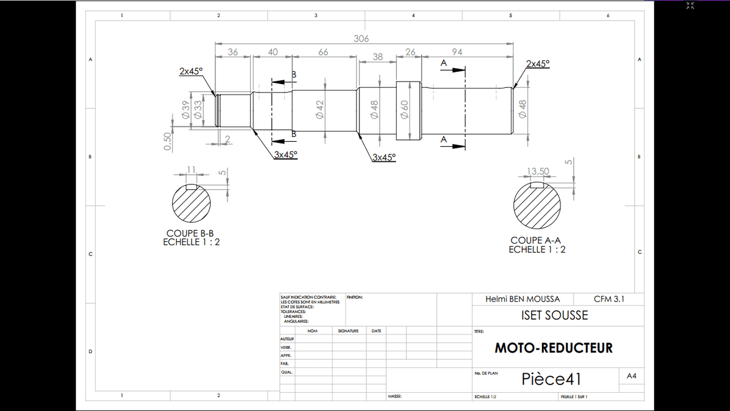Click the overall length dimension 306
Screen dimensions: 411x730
361,38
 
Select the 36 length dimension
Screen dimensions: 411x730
232,52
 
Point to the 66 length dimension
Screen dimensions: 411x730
323,52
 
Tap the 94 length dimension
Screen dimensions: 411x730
457,52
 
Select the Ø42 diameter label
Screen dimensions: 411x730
319,110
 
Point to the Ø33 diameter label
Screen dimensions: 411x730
197,110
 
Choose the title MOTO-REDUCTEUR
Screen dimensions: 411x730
554,348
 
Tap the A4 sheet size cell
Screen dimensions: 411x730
631,377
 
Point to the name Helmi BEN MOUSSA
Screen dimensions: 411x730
523,299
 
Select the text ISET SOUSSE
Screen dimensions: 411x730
555,315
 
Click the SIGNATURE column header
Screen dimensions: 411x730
348,331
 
